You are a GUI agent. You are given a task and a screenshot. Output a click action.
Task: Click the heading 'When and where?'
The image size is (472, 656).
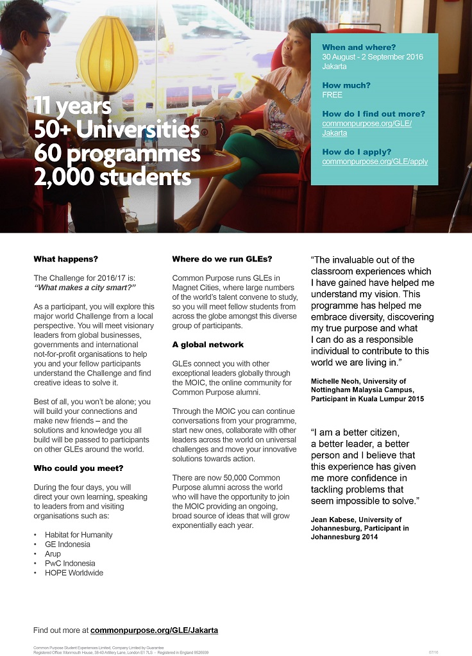(x=359, y=47)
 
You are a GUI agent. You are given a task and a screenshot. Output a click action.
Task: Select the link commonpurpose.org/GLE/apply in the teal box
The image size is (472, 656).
(x=375, y=161)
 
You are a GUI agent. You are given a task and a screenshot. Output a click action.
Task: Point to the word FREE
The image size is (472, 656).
(x=332, y=95)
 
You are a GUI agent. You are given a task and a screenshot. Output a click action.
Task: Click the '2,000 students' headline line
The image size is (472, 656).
(x=112, y=176)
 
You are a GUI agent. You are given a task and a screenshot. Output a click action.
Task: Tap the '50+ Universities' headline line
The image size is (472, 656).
(x=116, y=130)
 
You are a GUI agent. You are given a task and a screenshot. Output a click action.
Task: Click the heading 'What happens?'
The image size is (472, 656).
(x=65, y=259)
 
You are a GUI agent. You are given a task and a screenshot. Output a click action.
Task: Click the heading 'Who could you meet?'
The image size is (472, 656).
(x=78, y=468)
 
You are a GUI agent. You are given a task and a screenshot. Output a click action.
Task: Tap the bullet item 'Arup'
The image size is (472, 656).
(x=53, y=553)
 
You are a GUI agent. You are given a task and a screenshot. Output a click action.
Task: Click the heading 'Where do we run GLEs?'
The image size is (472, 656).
(x=222, y=259)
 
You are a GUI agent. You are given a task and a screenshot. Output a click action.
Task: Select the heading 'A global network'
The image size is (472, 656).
(x=208, y=345)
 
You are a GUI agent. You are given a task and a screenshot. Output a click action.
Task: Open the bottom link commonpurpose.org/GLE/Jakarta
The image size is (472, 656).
(x=154, y=630)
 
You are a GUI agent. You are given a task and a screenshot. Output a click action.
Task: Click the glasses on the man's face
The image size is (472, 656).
(x=42, y=33)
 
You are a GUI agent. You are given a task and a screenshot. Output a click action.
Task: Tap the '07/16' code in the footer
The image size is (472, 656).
(x=434, y=652)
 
